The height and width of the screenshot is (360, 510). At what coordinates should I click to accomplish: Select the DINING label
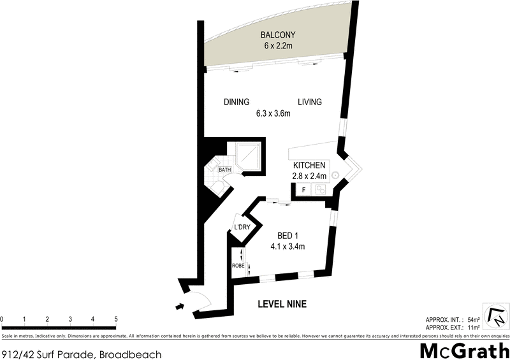236,102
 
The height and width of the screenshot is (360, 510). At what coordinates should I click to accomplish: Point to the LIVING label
309,102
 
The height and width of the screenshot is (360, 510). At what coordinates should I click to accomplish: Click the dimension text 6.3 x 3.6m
273,114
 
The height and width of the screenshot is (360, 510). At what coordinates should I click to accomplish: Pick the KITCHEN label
310,165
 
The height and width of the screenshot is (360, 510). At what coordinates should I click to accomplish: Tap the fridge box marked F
303,189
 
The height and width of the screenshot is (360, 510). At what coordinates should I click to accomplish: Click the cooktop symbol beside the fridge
321,189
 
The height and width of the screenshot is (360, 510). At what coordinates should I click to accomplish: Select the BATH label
224,170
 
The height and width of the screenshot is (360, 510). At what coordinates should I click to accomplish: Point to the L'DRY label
242,227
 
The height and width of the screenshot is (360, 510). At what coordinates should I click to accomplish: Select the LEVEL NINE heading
282,305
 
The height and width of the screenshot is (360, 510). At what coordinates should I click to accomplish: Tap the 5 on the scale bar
116,319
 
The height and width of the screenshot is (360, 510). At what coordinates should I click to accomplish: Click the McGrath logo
463,349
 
